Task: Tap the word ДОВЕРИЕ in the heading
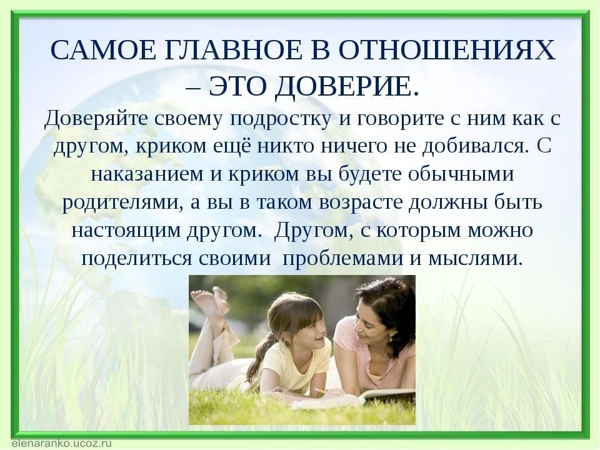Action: point(347,87)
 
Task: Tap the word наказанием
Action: point(147,174)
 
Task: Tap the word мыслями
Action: point(475,259)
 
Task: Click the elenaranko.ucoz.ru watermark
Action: point(62,443)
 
